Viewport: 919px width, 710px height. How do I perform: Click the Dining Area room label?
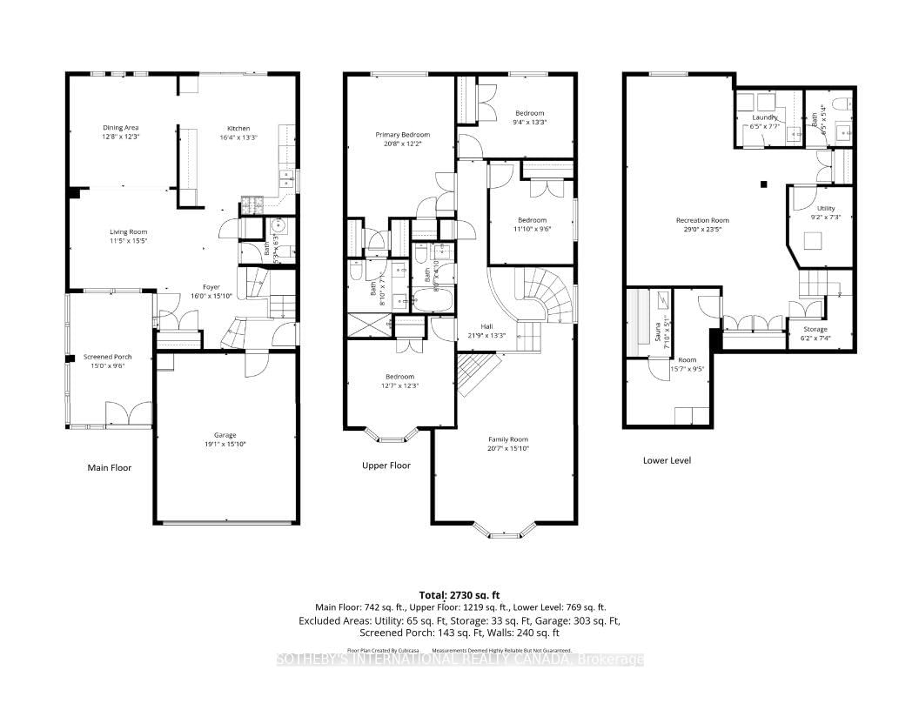(x=121, y=128)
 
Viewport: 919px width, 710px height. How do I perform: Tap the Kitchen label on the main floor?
(x=238, y=128)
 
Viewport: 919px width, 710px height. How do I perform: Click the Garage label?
(x=225, y=435)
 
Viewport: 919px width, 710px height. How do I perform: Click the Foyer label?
(x=211, y=286)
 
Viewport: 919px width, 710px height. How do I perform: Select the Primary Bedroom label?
(x=402, y=135)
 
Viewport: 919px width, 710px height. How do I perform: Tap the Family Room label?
(x=507, y=439)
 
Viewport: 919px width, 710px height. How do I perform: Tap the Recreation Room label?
(x=702, y=220)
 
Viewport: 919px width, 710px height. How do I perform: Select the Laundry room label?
(x=765, y=117)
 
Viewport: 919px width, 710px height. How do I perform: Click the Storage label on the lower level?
(x=815, y=329)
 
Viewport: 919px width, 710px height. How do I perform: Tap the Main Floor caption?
(x=110, y=467)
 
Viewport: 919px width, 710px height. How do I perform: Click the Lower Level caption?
(x=667, y=460)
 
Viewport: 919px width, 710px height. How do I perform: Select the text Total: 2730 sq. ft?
(x=459, y=593)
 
